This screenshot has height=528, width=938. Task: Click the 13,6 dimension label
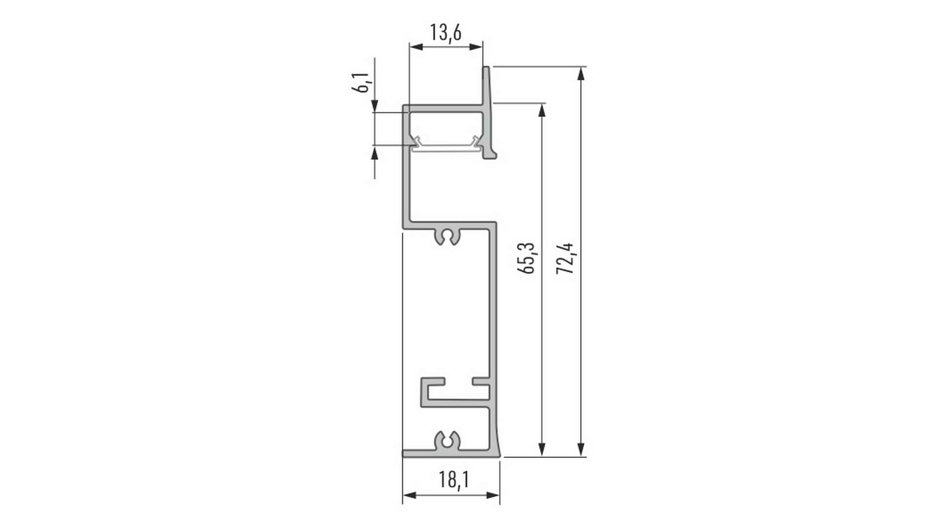(x=446, y=32)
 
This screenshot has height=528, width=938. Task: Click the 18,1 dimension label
(x=454, y=479)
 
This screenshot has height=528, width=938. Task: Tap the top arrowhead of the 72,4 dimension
(x=581, y=73)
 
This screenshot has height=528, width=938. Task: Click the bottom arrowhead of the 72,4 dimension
(x=581, y=450)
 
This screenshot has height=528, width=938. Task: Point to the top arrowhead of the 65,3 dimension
(x=541, y=110)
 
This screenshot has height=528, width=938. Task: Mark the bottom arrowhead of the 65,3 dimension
(x=541, y=450)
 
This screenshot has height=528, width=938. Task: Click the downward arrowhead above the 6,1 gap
(x=375, y=106)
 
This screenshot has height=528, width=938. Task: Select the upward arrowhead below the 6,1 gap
(x=375, y=154)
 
